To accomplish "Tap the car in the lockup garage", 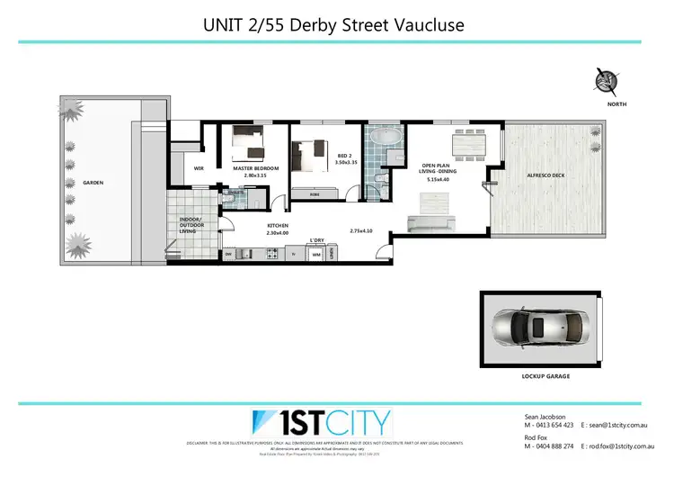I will (538, 329).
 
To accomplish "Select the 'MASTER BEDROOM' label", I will (255, 168).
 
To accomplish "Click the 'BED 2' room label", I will (344, 156).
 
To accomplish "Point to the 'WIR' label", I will (200, 168).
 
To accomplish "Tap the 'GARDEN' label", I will (93, 183).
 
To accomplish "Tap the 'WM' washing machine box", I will (316, 255).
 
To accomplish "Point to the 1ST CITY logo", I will (321, 422).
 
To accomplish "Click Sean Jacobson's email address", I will (620, 425).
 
